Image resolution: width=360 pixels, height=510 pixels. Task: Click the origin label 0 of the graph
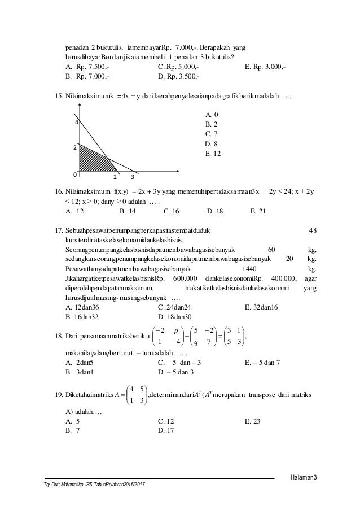[x=75, y=173]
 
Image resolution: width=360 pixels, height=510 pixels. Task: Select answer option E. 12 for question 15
[x=213, y=154]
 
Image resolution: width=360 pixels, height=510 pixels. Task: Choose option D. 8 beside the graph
[x=212, y=143]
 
